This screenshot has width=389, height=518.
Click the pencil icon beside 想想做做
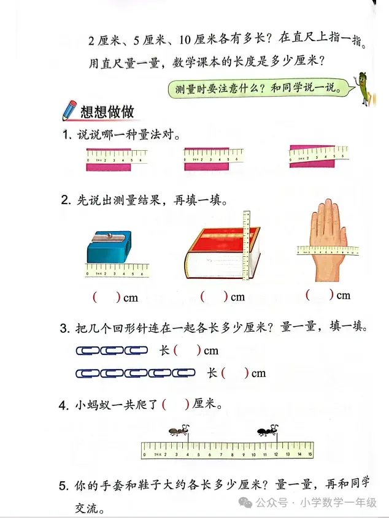point(69,110)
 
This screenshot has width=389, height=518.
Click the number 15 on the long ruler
point(310,454)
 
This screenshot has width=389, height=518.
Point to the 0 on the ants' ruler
point(144,454)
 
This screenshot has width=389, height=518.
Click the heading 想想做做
point(107,112)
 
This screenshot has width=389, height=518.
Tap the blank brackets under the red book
point(214,297)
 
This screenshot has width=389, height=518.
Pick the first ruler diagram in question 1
point(115,159)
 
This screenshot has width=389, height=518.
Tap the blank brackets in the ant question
point(175,404)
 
